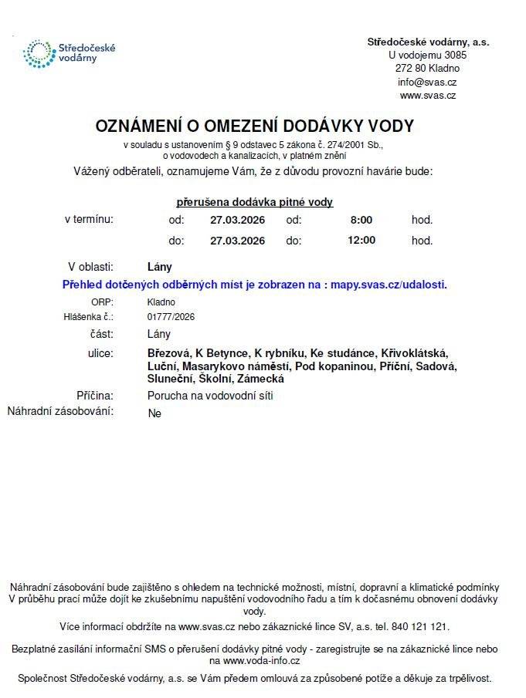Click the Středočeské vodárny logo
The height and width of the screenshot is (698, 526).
(x=69, y=52)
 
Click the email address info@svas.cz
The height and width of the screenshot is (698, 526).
(x=427, y=82)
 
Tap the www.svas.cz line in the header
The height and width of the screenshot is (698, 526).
(x=427, y=96)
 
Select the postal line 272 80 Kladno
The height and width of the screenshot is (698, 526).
(x=427, y=68)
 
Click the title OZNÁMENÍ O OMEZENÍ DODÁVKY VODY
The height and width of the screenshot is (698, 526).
(x=254, y=126)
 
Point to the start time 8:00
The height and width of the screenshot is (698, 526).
(x=361, y=220)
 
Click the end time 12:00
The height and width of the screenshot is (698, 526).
(x=361, y=240)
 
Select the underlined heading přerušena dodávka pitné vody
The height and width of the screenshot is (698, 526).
(x=254, y=202)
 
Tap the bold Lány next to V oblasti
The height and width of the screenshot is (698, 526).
(x=159, y=267)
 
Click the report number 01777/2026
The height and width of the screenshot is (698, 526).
(x=171, y=316)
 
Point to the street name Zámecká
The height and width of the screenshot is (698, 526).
(x=261, y=379)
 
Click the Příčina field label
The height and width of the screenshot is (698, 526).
(x=95, y=396)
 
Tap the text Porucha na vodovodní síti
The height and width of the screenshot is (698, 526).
(x=210, y=396)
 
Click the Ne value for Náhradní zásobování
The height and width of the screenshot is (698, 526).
(x=154, y=413)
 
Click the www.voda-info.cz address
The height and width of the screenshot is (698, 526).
(x=261, y=661)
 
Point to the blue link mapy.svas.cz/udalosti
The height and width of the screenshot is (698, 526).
(x=388, y=285)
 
